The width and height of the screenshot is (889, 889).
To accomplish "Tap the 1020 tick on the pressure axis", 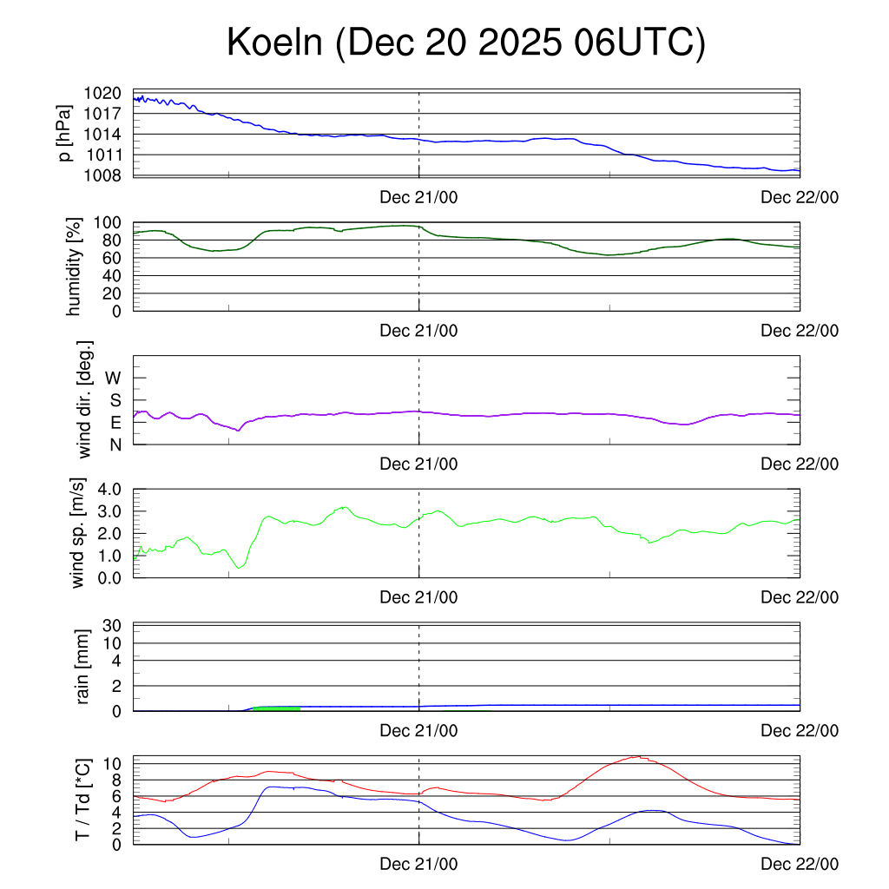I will point(103,93).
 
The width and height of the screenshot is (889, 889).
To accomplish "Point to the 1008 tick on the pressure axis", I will point(103,176).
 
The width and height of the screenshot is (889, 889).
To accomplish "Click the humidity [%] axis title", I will point(74,267).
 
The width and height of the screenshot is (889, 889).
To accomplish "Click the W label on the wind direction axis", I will point(113,378).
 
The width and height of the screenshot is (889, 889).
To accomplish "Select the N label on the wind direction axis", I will point(115,444).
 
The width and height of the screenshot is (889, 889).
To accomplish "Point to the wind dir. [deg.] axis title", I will point(84,399).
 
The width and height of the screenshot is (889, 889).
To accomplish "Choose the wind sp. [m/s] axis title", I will point(79,533).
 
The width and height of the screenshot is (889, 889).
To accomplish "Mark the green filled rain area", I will point(276,708).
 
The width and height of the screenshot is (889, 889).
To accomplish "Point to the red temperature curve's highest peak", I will point(638,756).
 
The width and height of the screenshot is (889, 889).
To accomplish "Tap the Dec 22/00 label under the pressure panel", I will point(800,197).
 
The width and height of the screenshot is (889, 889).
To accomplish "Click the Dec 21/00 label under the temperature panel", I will point(418,864).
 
